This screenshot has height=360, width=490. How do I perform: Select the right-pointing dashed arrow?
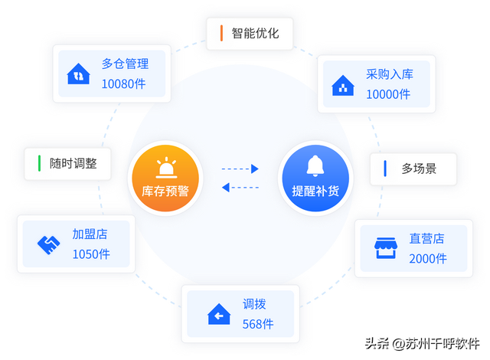[240, 169]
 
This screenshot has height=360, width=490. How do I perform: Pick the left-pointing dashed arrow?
[240, 187]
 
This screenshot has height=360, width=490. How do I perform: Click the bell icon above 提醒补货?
[315, 165]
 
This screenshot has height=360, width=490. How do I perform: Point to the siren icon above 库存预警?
[165, 165]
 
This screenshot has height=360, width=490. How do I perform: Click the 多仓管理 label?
[125, 64]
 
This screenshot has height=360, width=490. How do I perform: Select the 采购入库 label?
[389, 76]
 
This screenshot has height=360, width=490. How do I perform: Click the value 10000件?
[388, 94]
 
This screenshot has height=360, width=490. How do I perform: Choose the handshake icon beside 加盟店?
[49, 244]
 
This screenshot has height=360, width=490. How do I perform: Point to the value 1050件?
[92, 254]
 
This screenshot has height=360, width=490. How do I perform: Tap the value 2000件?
[428, 258]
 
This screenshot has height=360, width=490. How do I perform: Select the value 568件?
[258, 323]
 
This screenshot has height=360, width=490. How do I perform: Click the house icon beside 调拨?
[219, 314]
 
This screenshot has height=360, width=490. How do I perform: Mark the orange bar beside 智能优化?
[220, 33]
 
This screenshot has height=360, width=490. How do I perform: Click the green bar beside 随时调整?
[39, 163]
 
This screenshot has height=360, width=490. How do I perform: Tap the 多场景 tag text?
[418, 169]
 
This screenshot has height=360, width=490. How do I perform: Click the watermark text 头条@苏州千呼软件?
[421, 342]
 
